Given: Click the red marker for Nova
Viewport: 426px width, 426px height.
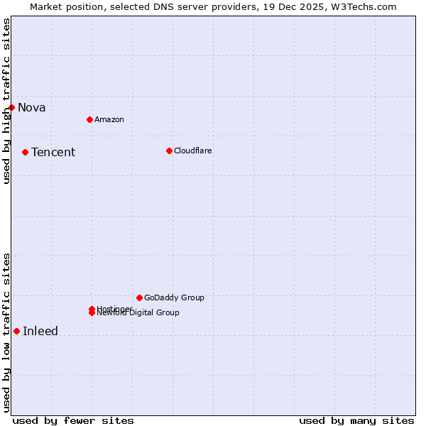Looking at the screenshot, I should [11, 107].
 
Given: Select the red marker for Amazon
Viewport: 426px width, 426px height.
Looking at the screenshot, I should [89, 119].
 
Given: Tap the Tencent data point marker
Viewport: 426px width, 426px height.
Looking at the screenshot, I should [25, 152].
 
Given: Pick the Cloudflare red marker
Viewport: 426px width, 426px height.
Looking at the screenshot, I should [169, 151].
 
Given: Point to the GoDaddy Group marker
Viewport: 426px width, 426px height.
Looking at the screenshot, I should [139, 297].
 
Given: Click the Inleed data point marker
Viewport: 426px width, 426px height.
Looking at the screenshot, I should [16, 331].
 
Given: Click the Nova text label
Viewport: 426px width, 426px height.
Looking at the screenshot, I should [32, 108].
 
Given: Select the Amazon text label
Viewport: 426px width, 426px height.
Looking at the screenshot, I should [109, 119].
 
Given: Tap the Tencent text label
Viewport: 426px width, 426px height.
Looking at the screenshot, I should [53, 153].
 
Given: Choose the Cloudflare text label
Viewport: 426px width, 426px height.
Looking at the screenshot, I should [192, 151].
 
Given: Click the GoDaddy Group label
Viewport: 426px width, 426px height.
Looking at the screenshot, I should [174, 297].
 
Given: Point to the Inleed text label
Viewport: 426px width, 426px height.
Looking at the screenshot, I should [40, 332].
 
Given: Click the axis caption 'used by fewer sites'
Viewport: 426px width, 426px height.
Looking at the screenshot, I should [73, 420].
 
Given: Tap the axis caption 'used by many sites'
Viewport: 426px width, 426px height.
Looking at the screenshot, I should [356, 420].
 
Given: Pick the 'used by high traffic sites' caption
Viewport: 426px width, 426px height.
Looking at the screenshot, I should [7, 101].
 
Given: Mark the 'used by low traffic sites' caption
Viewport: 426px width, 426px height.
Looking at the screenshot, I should [7, 332].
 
